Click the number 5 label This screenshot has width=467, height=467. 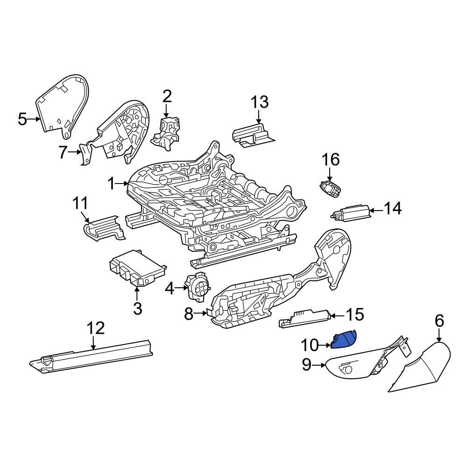pos(22,119)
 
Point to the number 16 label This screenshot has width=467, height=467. pos(331,160)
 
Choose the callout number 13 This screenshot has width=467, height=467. pos(260,102)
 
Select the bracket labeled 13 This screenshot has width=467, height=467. pos(252,134)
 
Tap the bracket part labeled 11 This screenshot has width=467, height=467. pos(104,228)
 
